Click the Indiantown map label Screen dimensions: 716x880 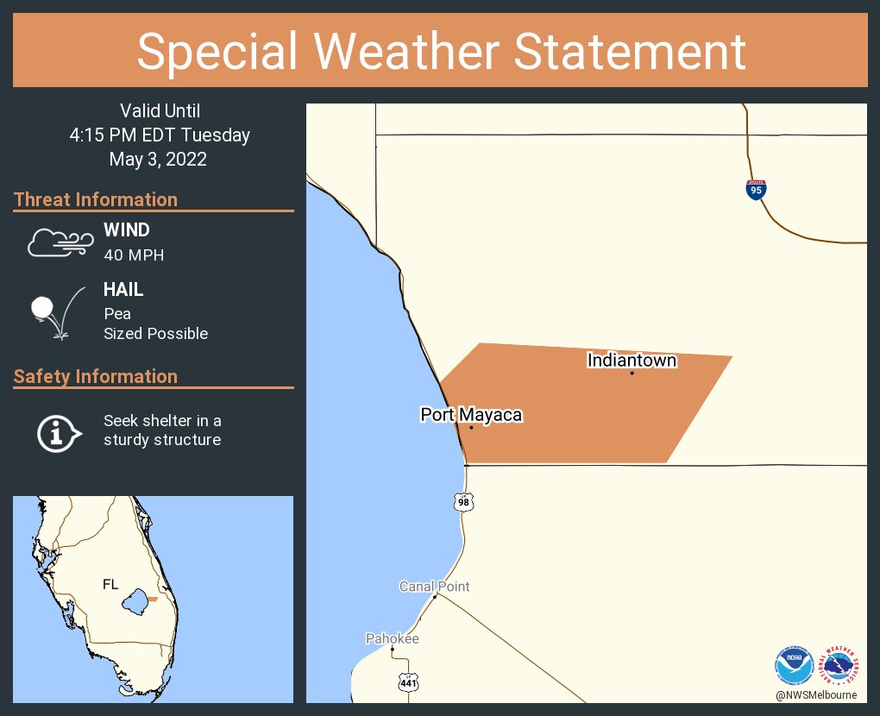point(632,360)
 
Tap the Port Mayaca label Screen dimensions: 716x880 point(471,415)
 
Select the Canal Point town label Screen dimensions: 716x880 point(434,587)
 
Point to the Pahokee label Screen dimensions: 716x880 point(392,638)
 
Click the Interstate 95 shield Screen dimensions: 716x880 point(756,190)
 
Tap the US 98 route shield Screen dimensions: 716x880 point(464,501)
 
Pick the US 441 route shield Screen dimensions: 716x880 point(408,682)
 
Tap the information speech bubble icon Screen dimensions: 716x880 point(58,431)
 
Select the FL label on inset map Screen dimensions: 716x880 point(110,584)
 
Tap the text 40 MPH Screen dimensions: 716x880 point(134,254)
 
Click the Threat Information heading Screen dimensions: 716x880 point(96,199)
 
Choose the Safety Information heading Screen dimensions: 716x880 point(96,376)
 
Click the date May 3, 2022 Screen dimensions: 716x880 point(158,159)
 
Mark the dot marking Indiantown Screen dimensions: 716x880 point(632,373)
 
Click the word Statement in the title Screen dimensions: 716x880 point(631,51)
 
